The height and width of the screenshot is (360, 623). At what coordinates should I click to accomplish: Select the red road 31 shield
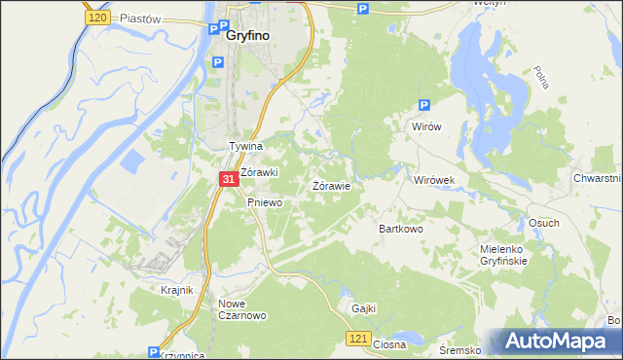click(x=228, y=180)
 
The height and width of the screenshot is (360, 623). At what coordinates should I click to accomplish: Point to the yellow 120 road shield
click(x=96, y=18)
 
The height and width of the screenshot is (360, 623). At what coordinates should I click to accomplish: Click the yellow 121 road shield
click(x=358, y=338)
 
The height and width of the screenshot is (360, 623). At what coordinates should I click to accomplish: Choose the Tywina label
click(x=246, y=146)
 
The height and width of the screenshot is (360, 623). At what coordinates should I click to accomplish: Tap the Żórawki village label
click(x=260, y=172)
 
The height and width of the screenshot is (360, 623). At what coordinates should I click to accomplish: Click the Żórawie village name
click(x=331, y=185)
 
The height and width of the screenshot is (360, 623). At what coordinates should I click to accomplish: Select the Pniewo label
click(x=264, y=202)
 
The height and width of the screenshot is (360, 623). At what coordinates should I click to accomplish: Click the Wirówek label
click(x=435, y=181)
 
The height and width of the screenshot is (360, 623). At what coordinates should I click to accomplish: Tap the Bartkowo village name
click(x=400, y=230)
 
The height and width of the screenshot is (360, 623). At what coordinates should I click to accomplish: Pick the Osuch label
click(x=543, y=223)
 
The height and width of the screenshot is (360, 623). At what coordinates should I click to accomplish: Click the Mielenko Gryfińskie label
click(x=503, y=255)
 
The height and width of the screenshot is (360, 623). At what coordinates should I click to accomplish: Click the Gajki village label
click(x=363, y=308)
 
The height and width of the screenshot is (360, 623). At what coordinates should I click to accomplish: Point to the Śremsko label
click(x=460, y=349)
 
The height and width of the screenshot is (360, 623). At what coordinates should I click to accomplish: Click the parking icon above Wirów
click(x=423, y=106)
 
